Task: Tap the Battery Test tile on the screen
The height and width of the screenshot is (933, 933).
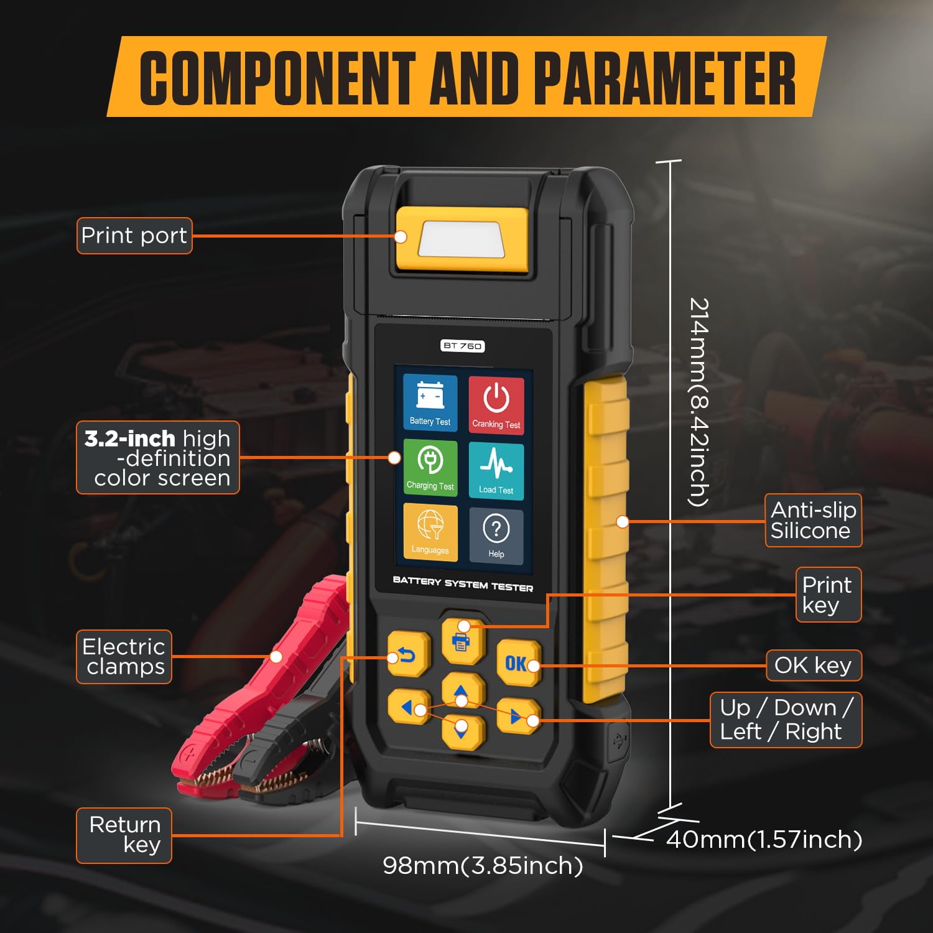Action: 430,403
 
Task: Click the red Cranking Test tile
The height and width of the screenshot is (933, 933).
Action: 496,405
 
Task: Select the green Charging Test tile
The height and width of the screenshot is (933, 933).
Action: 430,468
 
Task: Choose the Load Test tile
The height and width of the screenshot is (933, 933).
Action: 496,471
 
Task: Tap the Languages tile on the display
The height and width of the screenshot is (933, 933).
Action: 430,532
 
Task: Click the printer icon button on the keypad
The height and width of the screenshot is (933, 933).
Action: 463,641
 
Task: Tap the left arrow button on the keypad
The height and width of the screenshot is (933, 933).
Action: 408,707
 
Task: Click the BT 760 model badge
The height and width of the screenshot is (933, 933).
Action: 463,346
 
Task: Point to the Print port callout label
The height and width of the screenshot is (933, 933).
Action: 134,236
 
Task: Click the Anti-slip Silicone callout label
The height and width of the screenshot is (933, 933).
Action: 813,521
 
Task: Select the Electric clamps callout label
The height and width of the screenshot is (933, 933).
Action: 124,657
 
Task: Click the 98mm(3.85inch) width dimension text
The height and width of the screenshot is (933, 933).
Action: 483,865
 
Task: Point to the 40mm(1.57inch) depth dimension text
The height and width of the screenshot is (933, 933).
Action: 764,840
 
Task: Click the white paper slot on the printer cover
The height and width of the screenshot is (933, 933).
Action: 460,239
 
